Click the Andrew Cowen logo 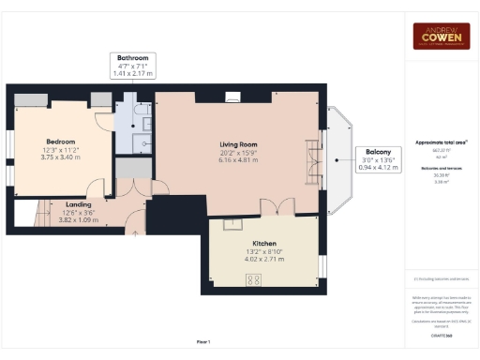coord(442,36)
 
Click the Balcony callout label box coord(379,159)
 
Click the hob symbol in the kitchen coord(253,278)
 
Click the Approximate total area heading coord(442,142)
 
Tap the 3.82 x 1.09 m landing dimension coord(79,220)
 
